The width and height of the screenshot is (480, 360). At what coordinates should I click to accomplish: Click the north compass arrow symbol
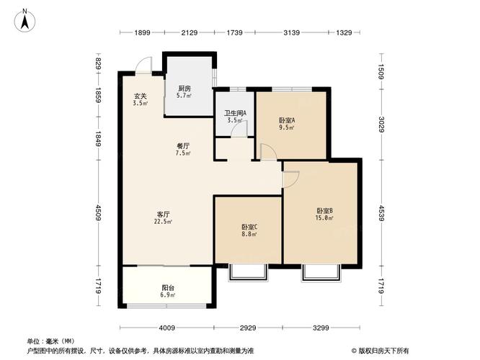click(25, 19)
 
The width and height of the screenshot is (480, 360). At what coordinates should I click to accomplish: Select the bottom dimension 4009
click(167, 328)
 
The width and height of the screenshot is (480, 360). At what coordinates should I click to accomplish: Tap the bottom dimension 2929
click(249, 328)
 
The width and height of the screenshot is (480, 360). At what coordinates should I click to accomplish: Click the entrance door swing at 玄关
click(144, 66)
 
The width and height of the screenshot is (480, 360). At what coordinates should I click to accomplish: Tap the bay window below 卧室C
click(248, 273)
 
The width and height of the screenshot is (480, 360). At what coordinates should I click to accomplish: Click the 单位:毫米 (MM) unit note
click(51, 341)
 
